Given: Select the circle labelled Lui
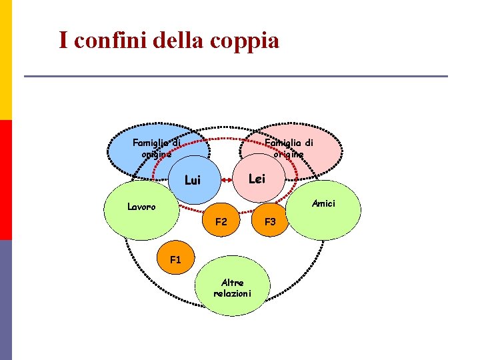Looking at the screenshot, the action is tap(192, 180).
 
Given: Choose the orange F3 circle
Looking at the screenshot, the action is tap(270, 221).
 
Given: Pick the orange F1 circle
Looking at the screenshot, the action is tap(175, 259).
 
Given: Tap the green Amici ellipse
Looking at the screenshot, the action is tap(325, 208).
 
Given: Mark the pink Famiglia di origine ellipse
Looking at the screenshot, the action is tap(293, 148).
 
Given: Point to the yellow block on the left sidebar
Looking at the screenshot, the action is tap(6, 60).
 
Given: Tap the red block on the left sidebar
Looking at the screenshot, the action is tap(6, 180).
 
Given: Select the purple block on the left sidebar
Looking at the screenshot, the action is tap(6, 300).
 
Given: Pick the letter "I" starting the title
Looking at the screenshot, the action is tap(63, 41).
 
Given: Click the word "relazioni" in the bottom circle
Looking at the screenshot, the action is tap(233, 293).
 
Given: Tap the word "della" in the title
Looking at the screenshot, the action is tap(177, 41).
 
